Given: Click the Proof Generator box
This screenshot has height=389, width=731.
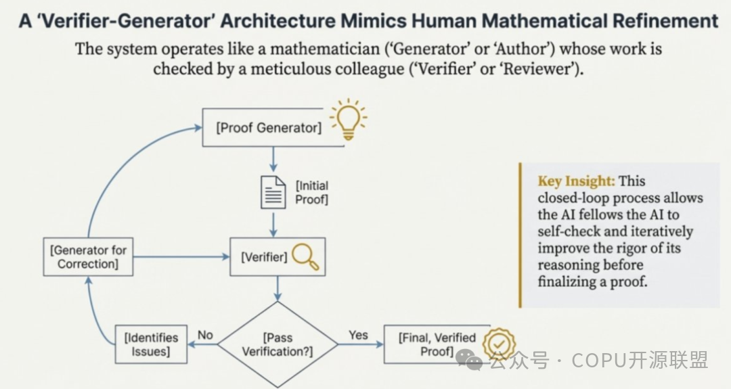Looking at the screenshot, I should pos(269,127).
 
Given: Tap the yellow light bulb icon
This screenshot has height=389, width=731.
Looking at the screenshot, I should pos(348,119).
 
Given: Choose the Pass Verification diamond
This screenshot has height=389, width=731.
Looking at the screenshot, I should pos(278,344).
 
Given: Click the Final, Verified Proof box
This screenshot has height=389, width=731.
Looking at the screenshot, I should pos(437,344).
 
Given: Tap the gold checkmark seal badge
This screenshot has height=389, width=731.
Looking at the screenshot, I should pos(500,344).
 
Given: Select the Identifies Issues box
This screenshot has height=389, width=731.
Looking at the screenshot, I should pos(150,344).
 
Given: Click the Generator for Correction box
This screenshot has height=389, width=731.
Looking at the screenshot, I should pos(87,256).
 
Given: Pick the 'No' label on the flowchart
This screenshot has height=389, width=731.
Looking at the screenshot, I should pos(205,335).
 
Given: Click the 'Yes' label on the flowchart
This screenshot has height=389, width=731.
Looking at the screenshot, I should pos(358,335).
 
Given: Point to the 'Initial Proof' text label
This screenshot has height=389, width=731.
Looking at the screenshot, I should pos(311,192).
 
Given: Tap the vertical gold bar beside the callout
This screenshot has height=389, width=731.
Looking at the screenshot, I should pos(520,235).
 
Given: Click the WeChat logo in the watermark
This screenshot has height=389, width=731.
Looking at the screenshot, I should pos(468,359).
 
